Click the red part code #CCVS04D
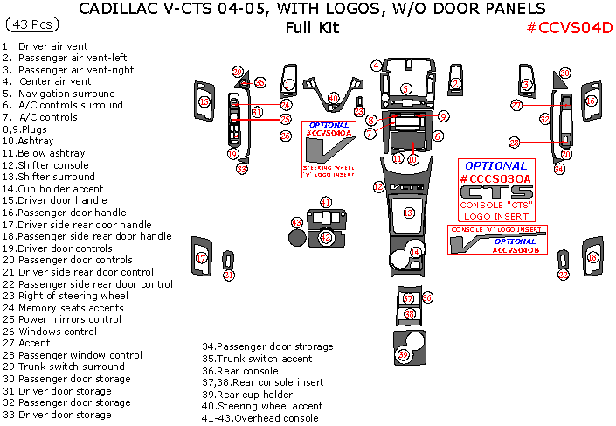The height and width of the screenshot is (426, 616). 569,27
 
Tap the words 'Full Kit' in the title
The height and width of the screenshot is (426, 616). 311,27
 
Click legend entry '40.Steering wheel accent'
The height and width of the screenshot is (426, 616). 260,406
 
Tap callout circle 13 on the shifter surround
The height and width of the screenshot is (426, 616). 409,213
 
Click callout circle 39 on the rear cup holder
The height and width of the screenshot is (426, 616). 403,354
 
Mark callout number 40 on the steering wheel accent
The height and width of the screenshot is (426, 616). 333,99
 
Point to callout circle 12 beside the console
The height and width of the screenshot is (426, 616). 378,186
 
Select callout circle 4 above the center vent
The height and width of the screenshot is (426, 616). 376,66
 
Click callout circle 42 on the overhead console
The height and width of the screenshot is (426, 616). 325,236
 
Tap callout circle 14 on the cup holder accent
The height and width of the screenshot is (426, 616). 416,252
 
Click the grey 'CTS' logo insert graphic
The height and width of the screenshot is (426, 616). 495,192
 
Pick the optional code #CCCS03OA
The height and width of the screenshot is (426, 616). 495,179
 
